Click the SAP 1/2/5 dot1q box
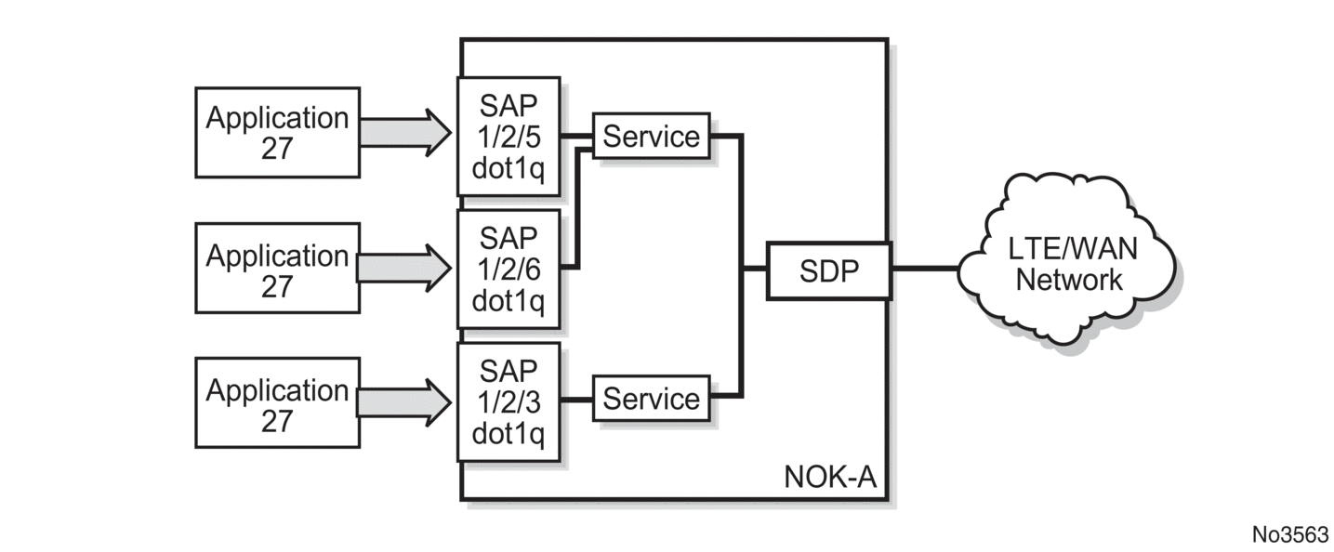(509, 136)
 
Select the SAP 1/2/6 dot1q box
(509, 269)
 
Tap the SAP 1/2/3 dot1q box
(509, 401)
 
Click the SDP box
(827, 270)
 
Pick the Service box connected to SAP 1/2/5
(651, 137)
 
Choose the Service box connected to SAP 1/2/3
(651, 399)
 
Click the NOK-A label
(830, 479)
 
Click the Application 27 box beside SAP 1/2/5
(277, 132)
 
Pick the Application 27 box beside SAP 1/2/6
(277, 269)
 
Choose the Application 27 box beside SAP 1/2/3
(277, 402)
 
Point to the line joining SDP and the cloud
(925, 269)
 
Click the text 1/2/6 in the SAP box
(509, 270)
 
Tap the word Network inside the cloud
(1069, 280)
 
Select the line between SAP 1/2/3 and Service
(576, 400)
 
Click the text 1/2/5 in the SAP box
(509, 137)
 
